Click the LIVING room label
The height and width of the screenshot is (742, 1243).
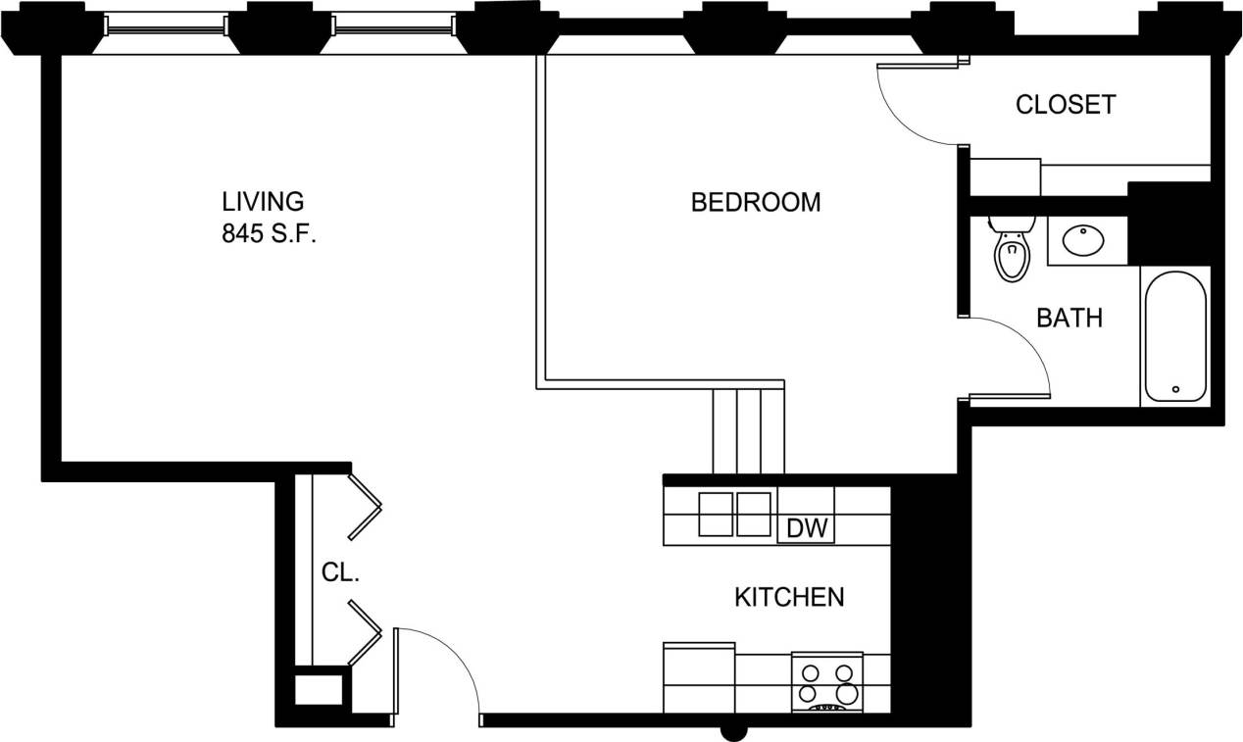point(263,202)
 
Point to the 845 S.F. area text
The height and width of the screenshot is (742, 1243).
point(269,235)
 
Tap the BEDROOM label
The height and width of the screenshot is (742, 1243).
point(755,203)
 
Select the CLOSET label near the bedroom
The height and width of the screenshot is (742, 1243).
point(1066,105)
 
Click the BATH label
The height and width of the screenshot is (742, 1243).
point(1069,318)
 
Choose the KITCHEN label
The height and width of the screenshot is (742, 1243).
point(789,597)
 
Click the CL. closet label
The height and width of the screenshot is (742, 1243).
point(341,573)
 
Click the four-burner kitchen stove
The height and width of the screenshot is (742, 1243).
point(826,684)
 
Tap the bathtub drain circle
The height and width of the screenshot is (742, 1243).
point(1175,389)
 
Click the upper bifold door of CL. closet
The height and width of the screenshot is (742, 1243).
point(364,506)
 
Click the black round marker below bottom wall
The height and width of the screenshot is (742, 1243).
point(733,731)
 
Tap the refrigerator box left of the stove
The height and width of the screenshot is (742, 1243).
point(699,677)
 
